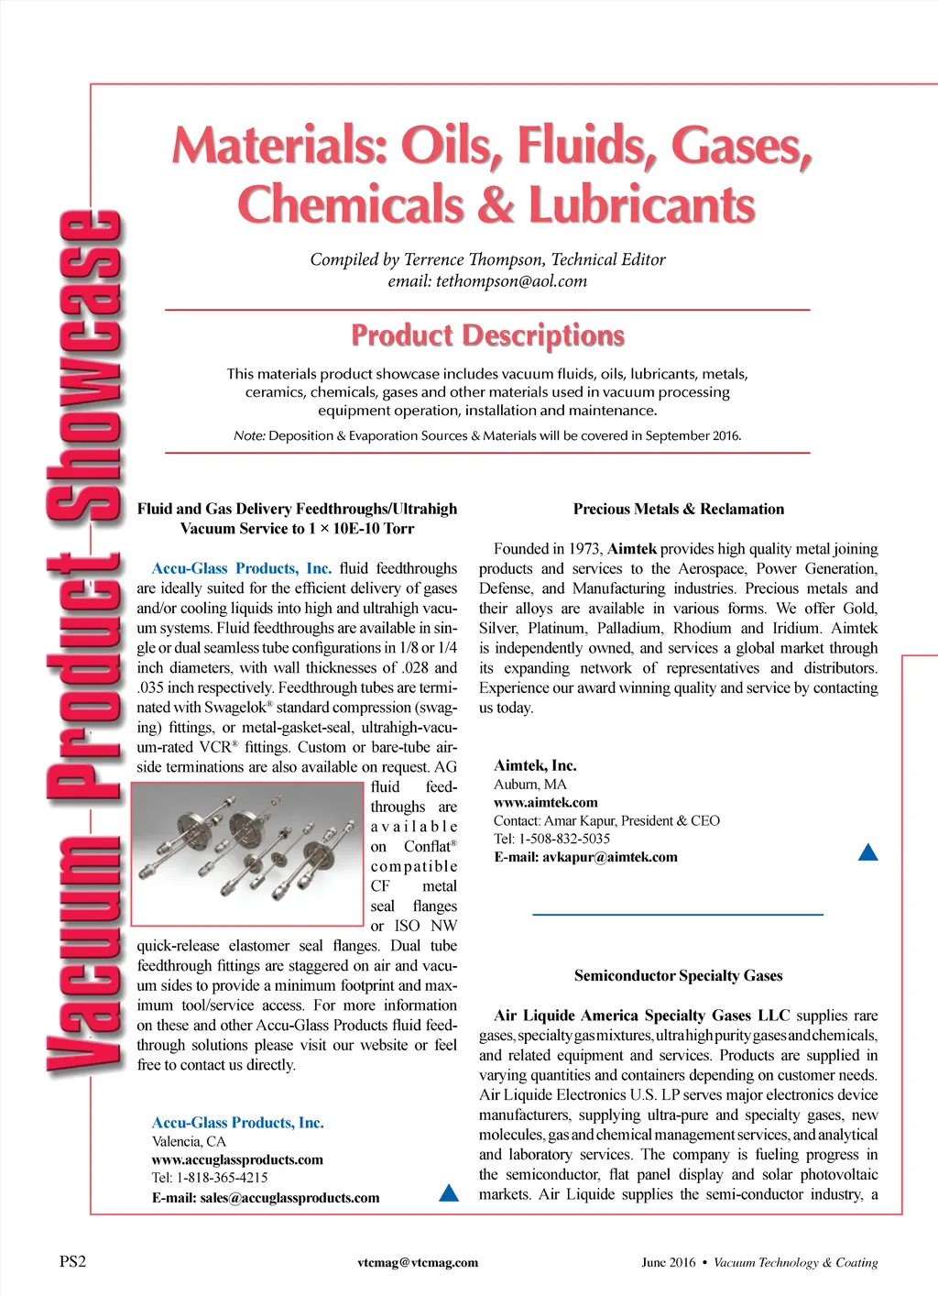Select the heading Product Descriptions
pos(487,335)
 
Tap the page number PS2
pos(73,1261)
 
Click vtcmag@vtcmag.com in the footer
pos(418,1262)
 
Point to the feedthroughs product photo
pos(249,855)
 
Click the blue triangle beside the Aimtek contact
pos(868,853)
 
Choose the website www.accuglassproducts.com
pos(237,1159)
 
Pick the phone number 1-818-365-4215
pos(222,1178)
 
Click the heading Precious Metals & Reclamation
pos(678,509)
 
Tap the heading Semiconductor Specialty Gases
pos(678,975)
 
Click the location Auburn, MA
pos(529,784)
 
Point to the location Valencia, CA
pos(189,1141)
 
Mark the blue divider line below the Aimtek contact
pos(678,914)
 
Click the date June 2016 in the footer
pos(669,1262)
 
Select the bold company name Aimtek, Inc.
pos(535,765)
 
